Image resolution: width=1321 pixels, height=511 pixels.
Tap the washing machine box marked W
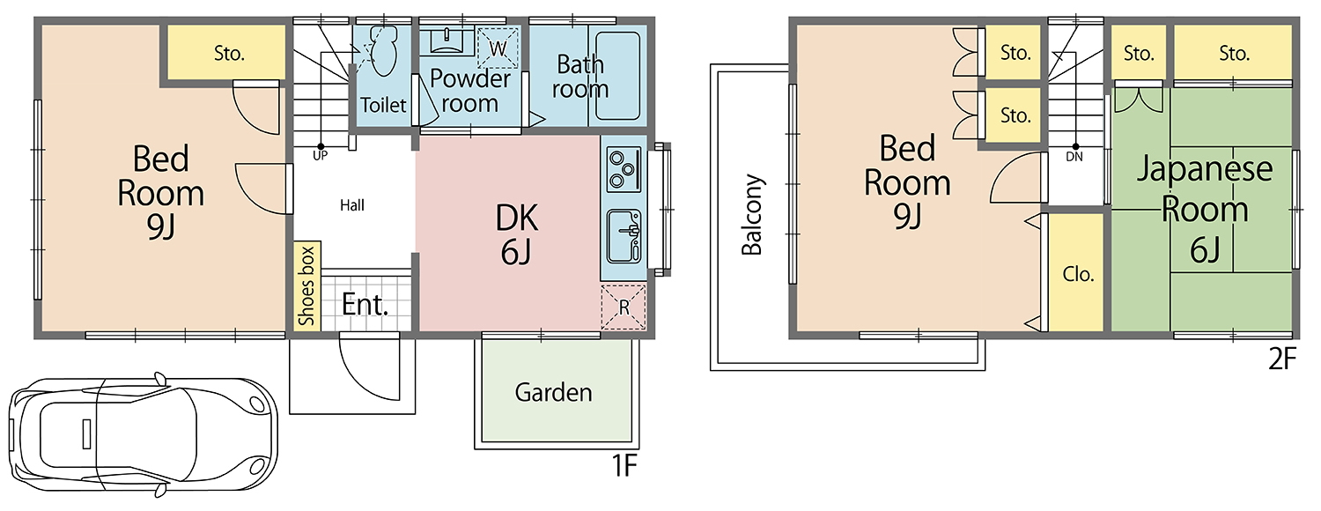pos(498,48)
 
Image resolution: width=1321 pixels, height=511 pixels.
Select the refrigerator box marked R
pos(624,307)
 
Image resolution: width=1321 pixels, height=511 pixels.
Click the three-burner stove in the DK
pos(624,169)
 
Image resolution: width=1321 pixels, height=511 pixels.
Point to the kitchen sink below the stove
pos(624,235)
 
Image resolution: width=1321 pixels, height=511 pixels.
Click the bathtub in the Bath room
pos(617,76)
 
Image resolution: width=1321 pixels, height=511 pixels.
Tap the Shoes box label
pos(306,285)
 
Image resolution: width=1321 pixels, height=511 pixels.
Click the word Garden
pos(553,392)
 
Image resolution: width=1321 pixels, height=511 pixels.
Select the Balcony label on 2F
pos(752,214)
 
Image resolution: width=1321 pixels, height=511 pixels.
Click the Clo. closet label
pos(1078,274)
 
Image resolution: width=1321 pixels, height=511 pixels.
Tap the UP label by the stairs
pos(321,156)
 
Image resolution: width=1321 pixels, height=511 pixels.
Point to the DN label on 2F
pos(1074,156)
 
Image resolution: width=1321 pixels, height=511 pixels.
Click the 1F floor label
pos(624,466)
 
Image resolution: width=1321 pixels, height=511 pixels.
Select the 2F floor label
pos(1282,359)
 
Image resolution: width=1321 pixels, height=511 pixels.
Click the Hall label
pos(352,205)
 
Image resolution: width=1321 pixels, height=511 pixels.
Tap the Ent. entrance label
pos(365,305)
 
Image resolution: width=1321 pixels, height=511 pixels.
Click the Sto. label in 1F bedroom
pos(229,54)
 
